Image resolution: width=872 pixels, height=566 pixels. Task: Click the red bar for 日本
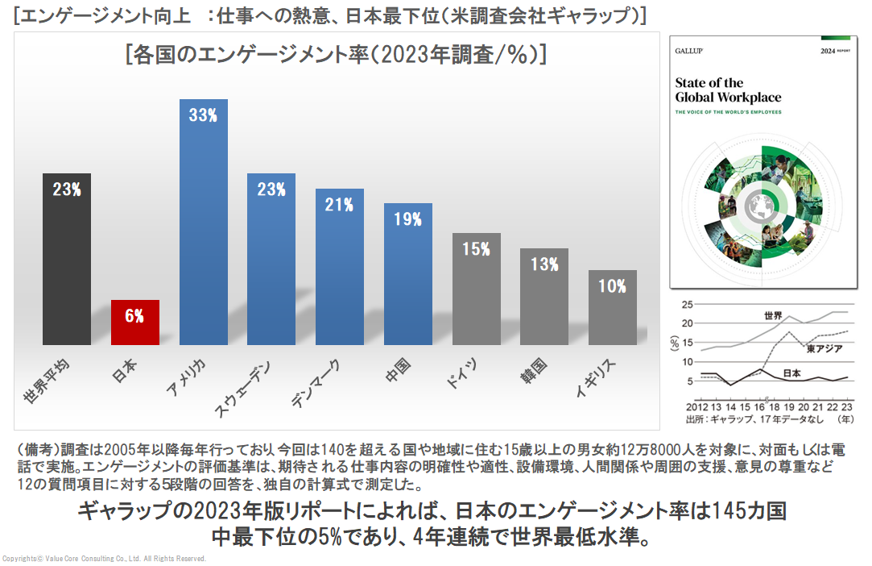tap(134, 323)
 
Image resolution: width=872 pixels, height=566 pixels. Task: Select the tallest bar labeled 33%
tap(203, 222)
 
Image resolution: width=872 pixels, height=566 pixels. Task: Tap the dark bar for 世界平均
tap(67, 258)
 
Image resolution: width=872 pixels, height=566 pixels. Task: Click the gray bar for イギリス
tap(612, 307)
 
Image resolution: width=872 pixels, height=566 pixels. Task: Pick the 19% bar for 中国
tap(407, 274)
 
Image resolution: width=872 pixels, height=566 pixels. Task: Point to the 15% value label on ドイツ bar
tap(476, 249)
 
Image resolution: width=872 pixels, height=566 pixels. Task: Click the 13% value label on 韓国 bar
tap(544, 264)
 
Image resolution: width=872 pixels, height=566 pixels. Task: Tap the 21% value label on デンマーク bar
tap(339, 205)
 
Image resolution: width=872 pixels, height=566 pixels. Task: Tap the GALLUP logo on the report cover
tap(691, 51)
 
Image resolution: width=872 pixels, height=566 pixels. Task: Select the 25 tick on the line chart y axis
tap(687, 305)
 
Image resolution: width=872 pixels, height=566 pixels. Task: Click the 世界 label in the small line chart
tap(774, 314)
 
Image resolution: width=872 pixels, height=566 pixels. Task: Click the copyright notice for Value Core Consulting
tap(105, 558)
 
